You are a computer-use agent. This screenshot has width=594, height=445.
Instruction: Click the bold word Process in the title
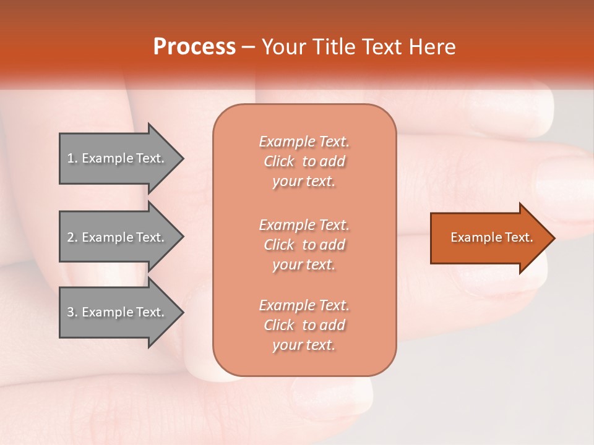pos(194,47)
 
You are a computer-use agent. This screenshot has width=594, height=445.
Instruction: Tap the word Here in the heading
pos(432,47)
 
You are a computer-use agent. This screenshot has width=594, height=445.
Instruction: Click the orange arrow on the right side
pos(489,238)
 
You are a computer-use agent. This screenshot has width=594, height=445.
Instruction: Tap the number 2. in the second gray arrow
pos(72,237)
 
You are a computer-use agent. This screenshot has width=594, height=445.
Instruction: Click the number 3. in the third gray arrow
pos(72,312)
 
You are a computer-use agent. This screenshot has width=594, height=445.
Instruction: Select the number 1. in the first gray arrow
pos(72,158)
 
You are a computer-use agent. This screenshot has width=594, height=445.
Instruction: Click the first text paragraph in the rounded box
pos(304,161)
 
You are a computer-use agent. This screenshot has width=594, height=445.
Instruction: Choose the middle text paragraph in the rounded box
pos(304,245)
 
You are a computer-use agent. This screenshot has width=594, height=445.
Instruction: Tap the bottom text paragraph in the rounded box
pos(304,325)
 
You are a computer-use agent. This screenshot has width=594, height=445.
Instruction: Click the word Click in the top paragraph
pos(278,161)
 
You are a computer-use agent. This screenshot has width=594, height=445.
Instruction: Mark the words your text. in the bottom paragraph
pos(304,345)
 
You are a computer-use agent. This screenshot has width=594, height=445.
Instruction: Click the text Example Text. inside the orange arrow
pos(491,237)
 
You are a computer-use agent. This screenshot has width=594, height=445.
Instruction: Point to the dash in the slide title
pos(249,47)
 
